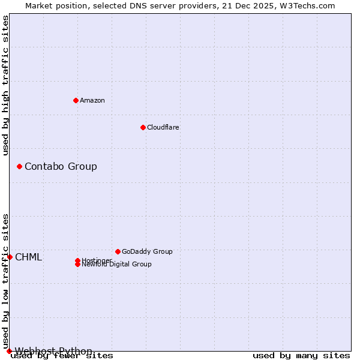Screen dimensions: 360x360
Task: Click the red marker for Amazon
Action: (x=76, y=100)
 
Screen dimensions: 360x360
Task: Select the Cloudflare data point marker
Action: (x=143, y=127)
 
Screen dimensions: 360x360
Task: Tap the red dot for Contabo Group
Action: (x=19, y=166)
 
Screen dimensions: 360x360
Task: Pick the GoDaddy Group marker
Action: (x=118, y=251)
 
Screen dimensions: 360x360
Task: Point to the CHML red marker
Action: (x=10, y=257)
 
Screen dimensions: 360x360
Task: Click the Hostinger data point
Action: (x=77, y=260)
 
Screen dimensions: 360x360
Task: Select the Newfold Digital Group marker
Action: (x=77, y=264)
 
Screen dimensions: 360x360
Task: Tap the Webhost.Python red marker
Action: (x=9, y=351)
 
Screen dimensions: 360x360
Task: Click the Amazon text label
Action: (x=92, y=100)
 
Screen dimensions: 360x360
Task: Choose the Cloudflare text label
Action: (x=163, y=127)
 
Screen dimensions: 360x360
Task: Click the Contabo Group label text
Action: (x=61, y=166)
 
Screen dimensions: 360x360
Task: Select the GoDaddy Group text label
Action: (x=147, y=251)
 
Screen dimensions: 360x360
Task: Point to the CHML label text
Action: (x=29, y=257)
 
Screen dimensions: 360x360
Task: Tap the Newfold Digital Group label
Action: (x=117, y=265)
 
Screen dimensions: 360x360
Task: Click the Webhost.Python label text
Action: (x=54, y=351)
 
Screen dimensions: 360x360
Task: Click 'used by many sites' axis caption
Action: (x=301, y=356)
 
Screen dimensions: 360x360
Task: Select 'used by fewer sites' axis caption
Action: (x=62, y=356)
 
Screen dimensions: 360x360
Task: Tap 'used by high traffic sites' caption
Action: (x=6, y=85)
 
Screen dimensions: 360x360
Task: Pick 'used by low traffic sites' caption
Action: (x=6, y=281)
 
